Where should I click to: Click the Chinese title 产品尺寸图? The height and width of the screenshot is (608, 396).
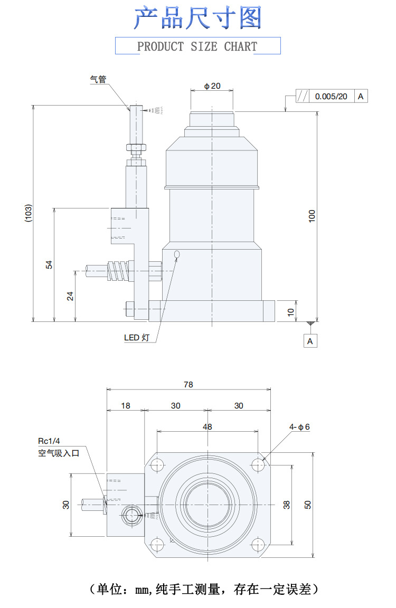[x=197, y=18]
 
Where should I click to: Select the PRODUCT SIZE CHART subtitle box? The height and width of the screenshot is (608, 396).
[x=197, y=46]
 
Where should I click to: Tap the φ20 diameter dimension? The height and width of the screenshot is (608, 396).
[x=212, y=86]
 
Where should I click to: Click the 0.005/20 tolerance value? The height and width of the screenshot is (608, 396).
[x=331, y=97]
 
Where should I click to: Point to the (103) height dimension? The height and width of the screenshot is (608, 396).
[x=29, y=213]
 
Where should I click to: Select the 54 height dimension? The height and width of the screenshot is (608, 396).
[x=49, y=264]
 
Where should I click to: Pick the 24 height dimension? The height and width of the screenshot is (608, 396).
[x=70, y=296]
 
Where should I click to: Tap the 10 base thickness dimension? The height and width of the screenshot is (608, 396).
[x=290, y=311]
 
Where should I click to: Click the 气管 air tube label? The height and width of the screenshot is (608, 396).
[x=98, y=79]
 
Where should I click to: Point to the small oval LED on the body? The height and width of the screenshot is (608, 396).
[x=177, y=255]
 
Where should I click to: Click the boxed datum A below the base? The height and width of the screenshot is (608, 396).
[x=310, y=341]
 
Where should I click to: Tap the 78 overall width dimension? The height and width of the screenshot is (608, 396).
[x=188, y=385]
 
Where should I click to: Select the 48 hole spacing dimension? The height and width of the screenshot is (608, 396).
[x=208, y=426]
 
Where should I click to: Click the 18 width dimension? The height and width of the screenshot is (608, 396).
[x=126, y=405]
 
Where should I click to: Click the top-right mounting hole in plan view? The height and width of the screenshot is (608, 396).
[x=258, y=465]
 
